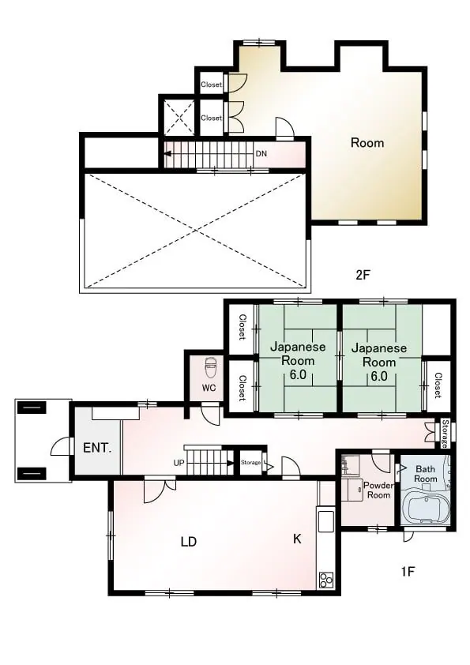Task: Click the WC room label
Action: [x=209, y=388]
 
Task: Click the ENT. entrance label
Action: [x=97, y=448]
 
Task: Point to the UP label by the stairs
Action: [x=179, y=463]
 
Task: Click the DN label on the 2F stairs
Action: [x=261, y=153]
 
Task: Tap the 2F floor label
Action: [x=363, y=275]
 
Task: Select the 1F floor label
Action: [x=408, y=572]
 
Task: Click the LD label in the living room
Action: [x=188, y=542]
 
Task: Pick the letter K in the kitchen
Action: [x=297, y=539]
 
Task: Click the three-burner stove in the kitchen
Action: [x=325, y=580]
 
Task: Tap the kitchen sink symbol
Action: [x=325, y=520]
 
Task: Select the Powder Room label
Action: [x=378, y=490]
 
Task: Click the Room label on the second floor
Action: [x=367, y=143]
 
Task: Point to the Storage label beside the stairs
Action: [x=250, y=462]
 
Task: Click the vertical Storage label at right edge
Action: [x=445, y=433]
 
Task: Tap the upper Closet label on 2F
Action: [x=211, y=85]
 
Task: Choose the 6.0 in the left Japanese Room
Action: [x=298, y=375]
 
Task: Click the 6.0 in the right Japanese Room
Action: [x=379, y=376]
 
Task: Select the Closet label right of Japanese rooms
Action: [x=438, y=385]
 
